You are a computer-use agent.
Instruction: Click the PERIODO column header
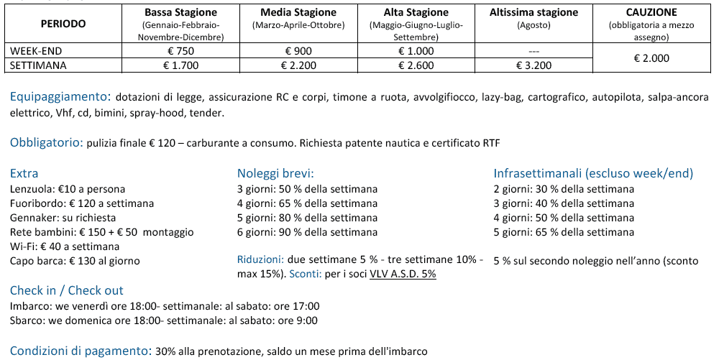[63, 24]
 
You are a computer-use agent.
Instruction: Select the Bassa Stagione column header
[181, 12]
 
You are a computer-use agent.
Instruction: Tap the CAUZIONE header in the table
[651, 12]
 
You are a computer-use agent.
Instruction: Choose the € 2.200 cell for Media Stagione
[298, 65]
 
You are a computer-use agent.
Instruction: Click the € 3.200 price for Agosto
[533, 65]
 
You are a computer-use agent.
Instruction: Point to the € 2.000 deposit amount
[651, 58]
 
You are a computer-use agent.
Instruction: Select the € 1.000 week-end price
[416, 51]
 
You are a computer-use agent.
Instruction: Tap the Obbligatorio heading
[46, 142]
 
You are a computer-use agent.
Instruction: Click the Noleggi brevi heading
[275, 174]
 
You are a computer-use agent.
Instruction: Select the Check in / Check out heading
[67, 291]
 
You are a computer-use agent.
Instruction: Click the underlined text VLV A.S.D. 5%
[403, 274]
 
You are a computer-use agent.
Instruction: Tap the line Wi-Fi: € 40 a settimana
[55, 246]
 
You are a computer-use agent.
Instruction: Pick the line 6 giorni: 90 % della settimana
[307, 232]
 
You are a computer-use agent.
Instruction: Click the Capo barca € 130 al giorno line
[75, 261]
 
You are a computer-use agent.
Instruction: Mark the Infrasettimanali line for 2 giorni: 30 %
[564, 189]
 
